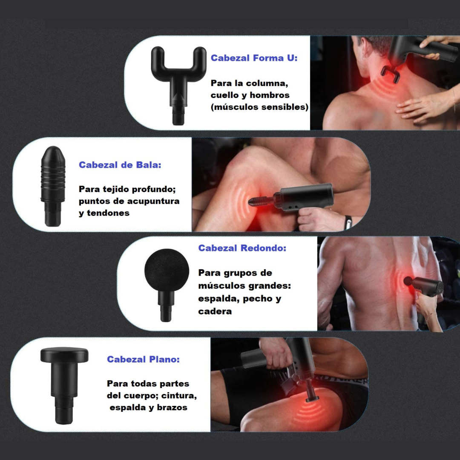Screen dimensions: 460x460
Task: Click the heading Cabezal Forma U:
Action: (254, 58)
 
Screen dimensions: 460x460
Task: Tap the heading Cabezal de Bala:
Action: (120, 165)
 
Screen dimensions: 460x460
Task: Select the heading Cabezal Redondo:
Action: (242, 248)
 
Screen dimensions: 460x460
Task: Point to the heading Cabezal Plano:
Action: (143, 359)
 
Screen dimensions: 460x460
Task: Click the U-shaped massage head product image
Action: (178, 85)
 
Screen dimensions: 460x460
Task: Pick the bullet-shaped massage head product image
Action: (53, 186)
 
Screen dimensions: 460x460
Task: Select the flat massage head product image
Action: (64, 385)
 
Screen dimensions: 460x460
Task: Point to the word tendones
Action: (108, 213)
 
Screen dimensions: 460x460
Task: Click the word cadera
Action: (215, 311)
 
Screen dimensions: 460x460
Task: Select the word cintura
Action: (179, 396)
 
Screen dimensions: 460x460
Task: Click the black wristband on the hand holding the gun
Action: (348, 222)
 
